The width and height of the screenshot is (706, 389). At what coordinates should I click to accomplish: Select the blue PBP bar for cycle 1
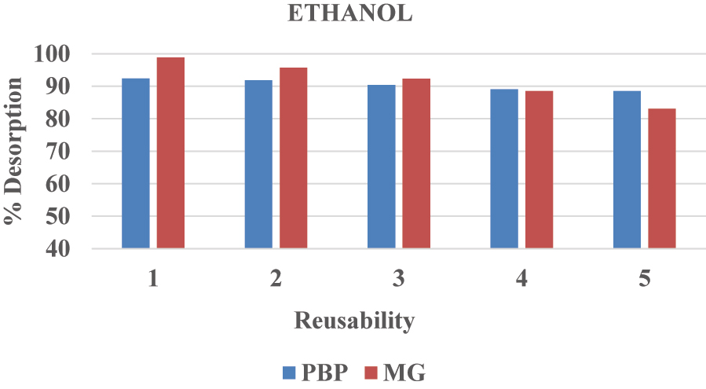pos(136,163)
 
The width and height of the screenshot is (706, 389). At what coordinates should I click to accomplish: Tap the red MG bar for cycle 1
pos(170,153)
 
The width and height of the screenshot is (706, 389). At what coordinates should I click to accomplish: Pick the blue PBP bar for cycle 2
pos(258,164)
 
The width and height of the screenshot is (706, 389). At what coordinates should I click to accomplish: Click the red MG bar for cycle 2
pos(293,158)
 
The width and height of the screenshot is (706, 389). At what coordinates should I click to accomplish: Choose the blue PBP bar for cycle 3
pos(382,167)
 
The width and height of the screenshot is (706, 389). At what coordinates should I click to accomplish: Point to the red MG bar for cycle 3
pos(416,163)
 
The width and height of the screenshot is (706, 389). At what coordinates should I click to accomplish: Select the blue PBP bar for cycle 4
pos(504,169)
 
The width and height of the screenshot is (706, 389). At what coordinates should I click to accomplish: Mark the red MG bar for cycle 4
pos(539,170)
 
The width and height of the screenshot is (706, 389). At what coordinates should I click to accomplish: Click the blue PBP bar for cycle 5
pos(627,170)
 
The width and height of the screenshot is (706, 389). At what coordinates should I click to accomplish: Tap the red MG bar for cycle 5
pos(661,178)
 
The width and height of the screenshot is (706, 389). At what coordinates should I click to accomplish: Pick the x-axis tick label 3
pos(399,279)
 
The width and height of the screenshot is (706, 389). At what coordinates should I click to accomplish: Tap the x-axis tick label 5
pos(644,279)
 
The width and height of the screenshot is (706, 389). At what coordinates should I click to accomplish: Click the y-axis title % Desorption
pos(13,151)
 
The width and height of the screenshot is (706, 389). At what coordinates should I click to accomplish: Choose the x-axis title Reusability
pos(353,321)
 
